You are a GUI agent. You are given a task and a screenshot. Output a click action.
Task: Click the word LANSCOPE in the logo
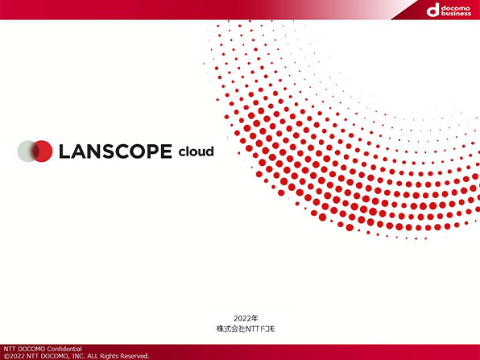(115, 151)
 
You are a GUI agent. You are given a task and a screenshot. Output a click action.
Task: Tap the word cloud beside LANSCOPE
(196, 151)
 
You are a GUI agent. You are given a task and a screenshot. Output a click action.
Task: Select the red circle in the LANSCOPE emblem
(42, 151)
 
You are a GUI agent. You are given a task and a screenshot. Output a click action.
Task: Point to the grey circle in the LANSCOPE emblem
(27, 151)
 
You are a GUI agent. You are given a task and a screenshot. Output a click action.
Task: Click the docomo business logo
(449, 10)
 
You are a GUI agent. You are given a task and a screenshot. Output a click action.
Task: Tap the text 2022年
(246, 318)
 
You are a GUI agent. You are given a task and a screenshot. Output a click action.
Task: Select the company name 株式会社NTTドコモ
(246, 329)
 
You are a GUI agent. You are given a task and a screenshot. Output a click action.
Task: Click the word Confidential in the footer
(64, 349)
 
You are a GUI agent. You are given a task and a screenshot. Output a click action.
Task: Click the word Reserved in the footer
(134, 356)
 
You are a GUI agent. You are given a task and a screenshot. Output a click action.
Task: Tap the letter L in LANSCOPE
(64, 151)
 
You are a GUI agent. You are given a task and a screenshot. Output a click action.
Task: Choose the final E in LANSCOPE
(166, 151)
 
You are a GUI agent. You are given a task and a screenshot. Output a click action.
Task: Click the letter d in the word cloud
(209, 151)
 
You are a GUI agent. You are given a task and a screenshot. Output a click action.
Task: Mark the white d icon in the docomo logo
(433, 10)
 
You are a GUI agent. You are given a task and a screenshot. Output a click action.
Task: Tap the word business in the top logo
(456, 14)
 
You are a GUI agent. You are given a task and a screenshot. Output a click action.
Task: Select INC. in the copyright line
(78, 356)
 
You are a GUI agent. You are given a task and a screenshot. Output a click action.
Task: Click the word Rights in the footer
(109, 356)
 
